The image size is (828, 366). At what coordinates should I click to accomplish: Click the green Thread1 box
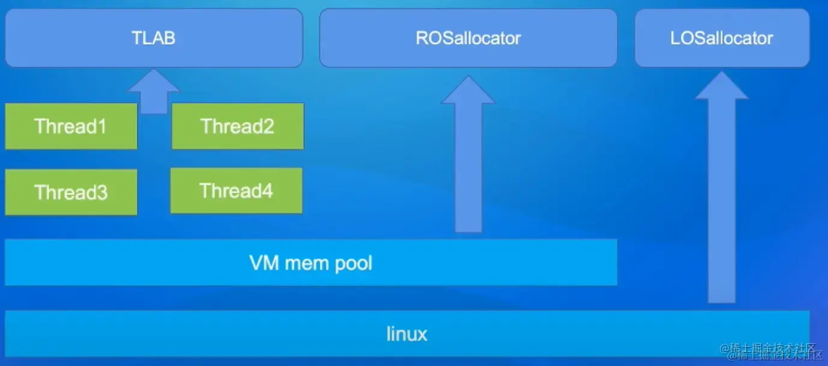71,126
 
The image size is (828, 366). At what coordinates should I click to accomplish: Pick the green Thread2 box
238,126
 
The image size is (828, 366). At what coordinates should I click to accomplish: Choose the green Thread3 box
71,192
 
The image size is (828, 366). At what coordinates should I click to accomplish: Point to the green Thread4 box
236,191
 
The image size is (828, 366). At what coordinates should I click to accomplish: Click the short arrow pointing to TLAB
154,93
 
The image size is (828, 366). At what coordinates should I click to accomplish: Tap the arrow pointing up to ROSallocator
468,163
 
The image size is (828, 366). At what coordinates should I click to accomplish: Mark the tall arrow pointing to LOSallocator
722,193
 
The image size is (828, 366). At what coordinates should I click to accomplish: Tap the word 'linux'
407,333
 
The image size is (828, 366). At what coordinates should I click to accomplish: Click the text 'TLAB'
154,39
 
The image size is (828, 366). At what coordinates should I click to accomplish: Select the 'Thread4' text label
236,191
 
